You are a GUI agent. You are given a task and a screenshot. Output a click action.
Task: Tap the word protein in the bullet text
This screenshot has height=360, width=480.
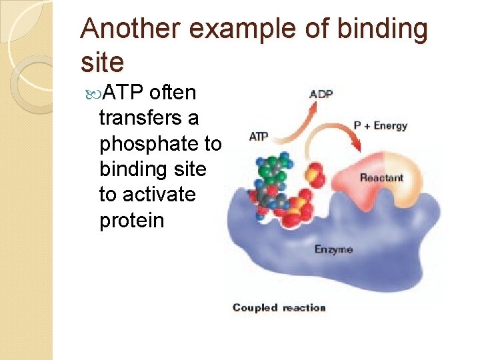[131, 220]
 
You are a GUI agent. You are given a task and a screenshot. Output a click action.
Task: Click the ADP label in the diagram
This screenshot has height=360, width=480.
[322, 94]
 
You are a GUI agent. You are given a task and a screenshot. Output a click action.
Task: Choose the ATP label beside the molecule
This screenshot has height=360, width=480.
[259, 137]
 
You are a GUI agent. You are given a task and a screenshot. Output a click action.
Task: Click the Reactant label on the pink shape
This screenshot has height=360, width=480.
[381, 177]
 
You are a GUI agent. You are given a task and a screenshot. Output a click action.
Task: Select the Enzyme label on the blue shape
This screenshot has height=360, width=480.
[333, 249]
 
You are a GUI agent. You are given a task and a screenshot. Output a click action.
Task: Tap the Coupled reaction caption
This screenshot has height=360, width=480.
[279, 307]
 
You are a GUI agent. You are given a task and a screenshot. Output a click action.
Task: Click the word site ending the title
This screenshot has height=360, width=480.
[102, 63]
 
